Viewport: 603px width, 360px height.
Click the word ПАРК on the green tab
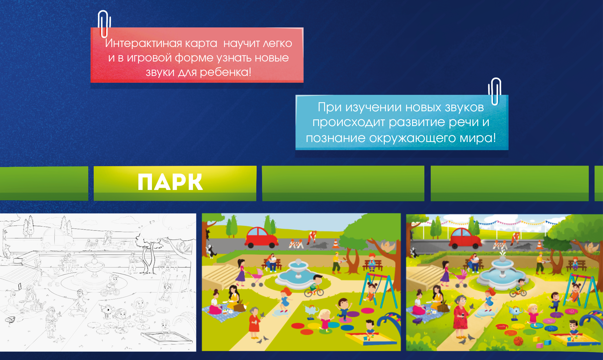tap(170, 182)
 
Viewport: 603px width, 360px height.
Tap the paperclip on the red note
tap(104, 24)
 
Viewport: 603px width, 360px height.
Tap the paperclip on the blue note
tap(495, 91)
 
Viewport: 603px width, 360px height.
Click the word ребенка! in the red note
tap(225, 72)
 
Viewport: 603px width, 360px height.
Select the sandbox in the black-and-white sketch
tap(167, 338)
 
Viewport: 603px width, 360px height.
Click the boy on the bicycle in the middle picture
tap(314, 285)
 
